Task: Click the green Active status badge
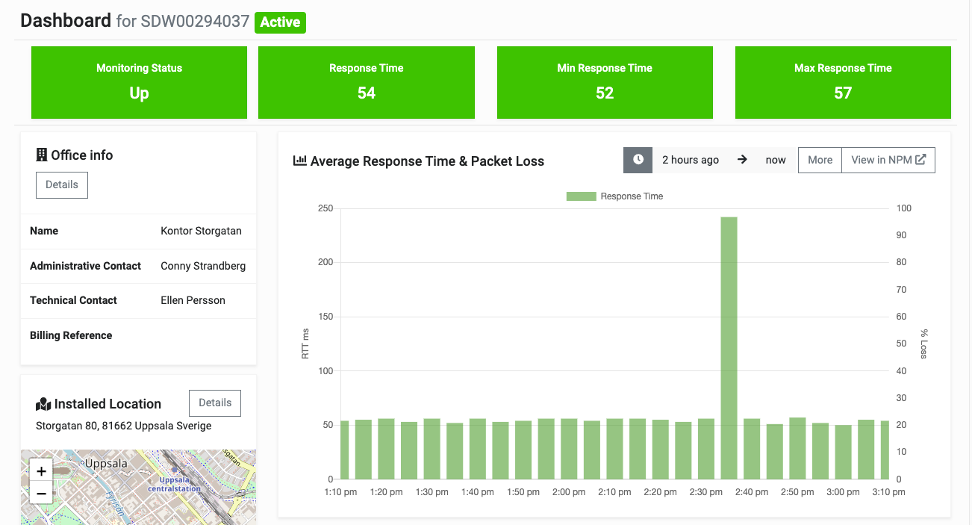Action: pos(280,22)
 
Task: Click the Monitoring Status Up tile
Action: pos(139,82)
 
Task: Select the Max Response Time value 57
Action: pos(843,93)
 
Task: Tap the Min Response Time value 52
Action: pos(605,93)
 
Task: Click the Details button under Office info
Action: pos(62,185)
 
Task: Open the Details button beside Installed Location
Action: pos(215,403)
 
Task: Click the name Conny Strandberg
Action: pos(203,266)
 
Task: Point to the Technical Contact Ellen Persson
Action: pos(193,300)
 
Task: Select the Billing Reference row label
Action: pos(71,335)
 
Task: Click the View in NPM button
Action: pos(888,160)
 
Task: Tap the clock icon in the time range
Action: pos(638,160)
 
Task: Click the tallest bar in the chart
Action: pos(729,347)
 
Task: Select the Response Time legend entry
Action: pos(614,196)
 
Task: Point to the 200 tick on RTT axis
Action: pos(325,263)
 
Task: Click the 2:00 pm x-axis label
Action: pos(569,492)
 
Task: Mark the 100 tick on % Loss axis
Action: pos(903,208)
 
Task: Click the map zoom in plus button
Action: pos(41,471)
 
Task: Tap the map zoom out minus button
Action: pos(41,493)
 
